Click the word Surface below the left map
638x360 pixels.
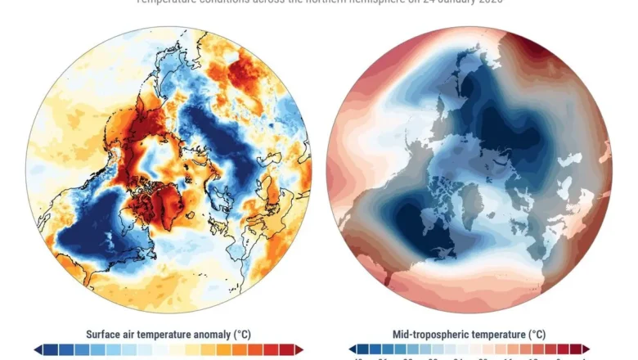coord(106,334)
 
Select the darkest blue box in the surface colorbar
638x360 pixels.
coord(51,349)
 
